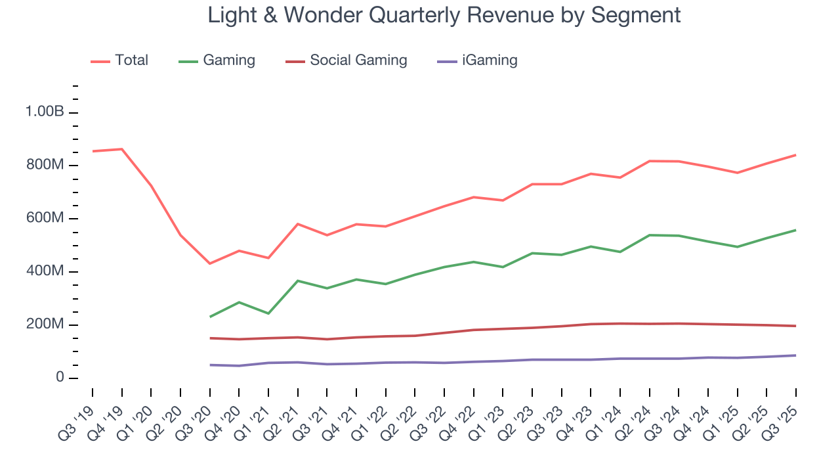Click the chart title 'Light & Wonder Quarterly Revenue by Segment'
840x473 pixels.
pos(444,14)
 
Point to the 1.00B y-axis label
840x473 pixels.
pos(45,112)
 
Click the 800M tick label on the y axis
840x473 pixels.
pos(45,166)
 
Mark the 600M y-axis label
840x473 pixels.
pos(45,219)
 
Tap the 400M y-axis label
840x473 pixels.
pos(45,272)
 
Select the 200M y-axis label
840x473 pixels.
pos(45,325)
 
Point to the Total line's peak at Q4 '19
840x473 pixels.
pos(121,149)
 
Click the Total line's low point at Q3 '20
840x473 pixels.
pos(210,263)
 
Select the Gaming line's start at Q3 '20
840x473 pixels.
pos(210,317)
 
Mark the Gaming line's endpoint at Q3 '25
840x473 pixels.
pos(796,230)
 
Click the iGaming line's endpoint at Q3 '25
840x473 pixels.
pos(796,355)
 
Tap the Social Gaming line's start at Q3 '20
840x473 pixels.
pos(210,338)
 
